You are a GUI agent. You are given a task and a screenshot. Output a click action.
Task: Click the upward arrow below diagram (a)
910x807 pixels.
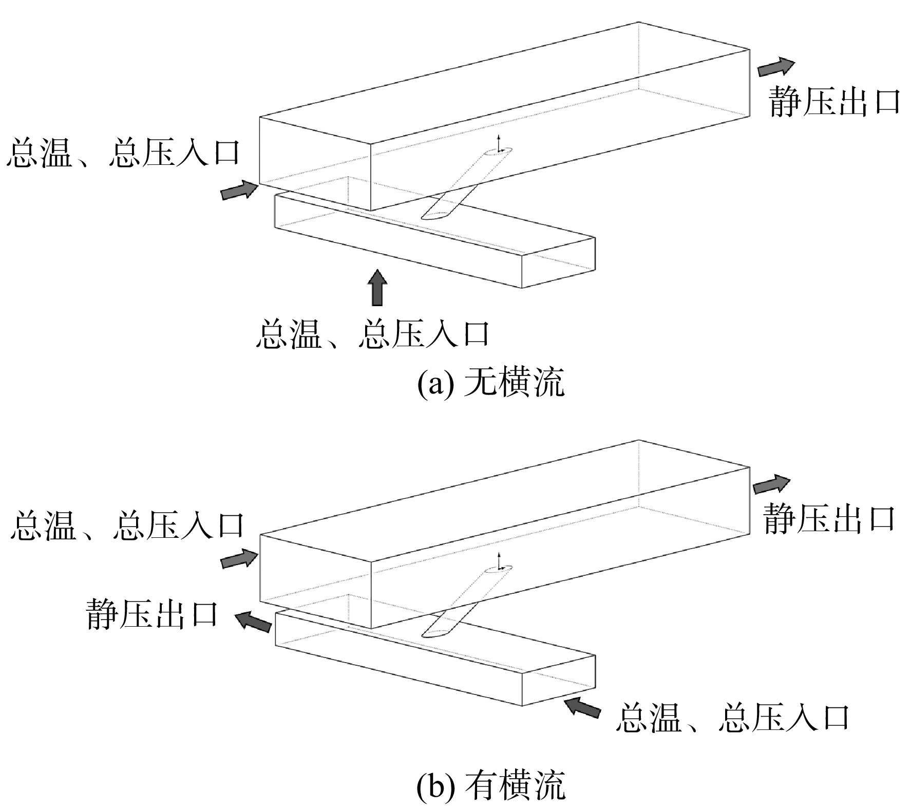pos(378,287)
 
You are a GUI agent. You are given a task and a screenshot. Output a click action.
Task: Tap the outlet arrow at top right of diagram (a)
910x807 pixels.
pos(776,67)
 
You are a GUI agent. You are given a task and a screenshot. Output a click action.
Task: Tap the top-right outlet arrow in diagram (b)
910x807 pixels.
pos(772,484)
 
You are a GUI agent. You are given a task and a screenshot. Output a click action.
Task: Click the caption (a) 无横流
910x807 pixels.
pos(490,384)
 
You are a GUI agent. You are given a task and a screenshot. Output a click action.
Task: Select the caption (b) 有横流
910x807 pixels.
pos(490,786)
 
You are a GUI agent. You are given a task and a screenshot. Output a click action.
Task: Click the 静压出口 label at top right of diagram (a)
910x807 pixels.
pos(835,102)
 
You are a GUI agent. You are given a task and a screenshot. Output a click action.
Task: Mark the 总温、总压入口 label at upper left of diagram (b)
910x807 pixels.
pos(127,524)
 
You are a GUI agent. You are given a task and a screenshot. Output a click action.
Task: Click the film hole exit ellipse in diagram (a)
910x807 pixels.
pos(498,152)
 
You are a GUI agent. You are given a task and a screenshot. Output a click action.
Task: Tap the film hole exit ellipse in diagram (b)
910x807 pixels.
pos(498,569)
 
